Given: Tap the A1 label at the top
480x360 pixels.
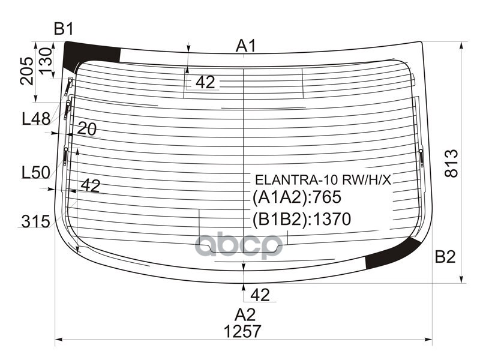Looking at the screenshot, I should (x=246, y=46).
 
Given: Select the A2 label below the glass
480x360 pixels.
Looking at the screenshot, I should (x=245, y=314).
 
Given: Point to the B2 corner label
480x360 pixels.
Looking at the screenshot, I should (x=445, y=257).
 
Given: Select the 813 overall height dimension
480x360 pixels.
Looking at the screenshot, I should (x=452, y=163).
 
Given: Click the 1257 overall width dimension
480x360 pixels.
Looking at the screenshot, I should (x=242, y=331).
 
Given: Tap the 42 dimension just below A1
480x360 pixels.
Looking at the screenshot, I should (x=205, y=82).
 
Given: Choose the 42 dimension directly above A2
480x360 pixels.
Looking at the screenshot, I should (x=259, y=295).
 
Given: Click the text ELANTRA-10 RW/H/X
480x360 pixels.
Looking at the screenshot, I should (x=323, y=179).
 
